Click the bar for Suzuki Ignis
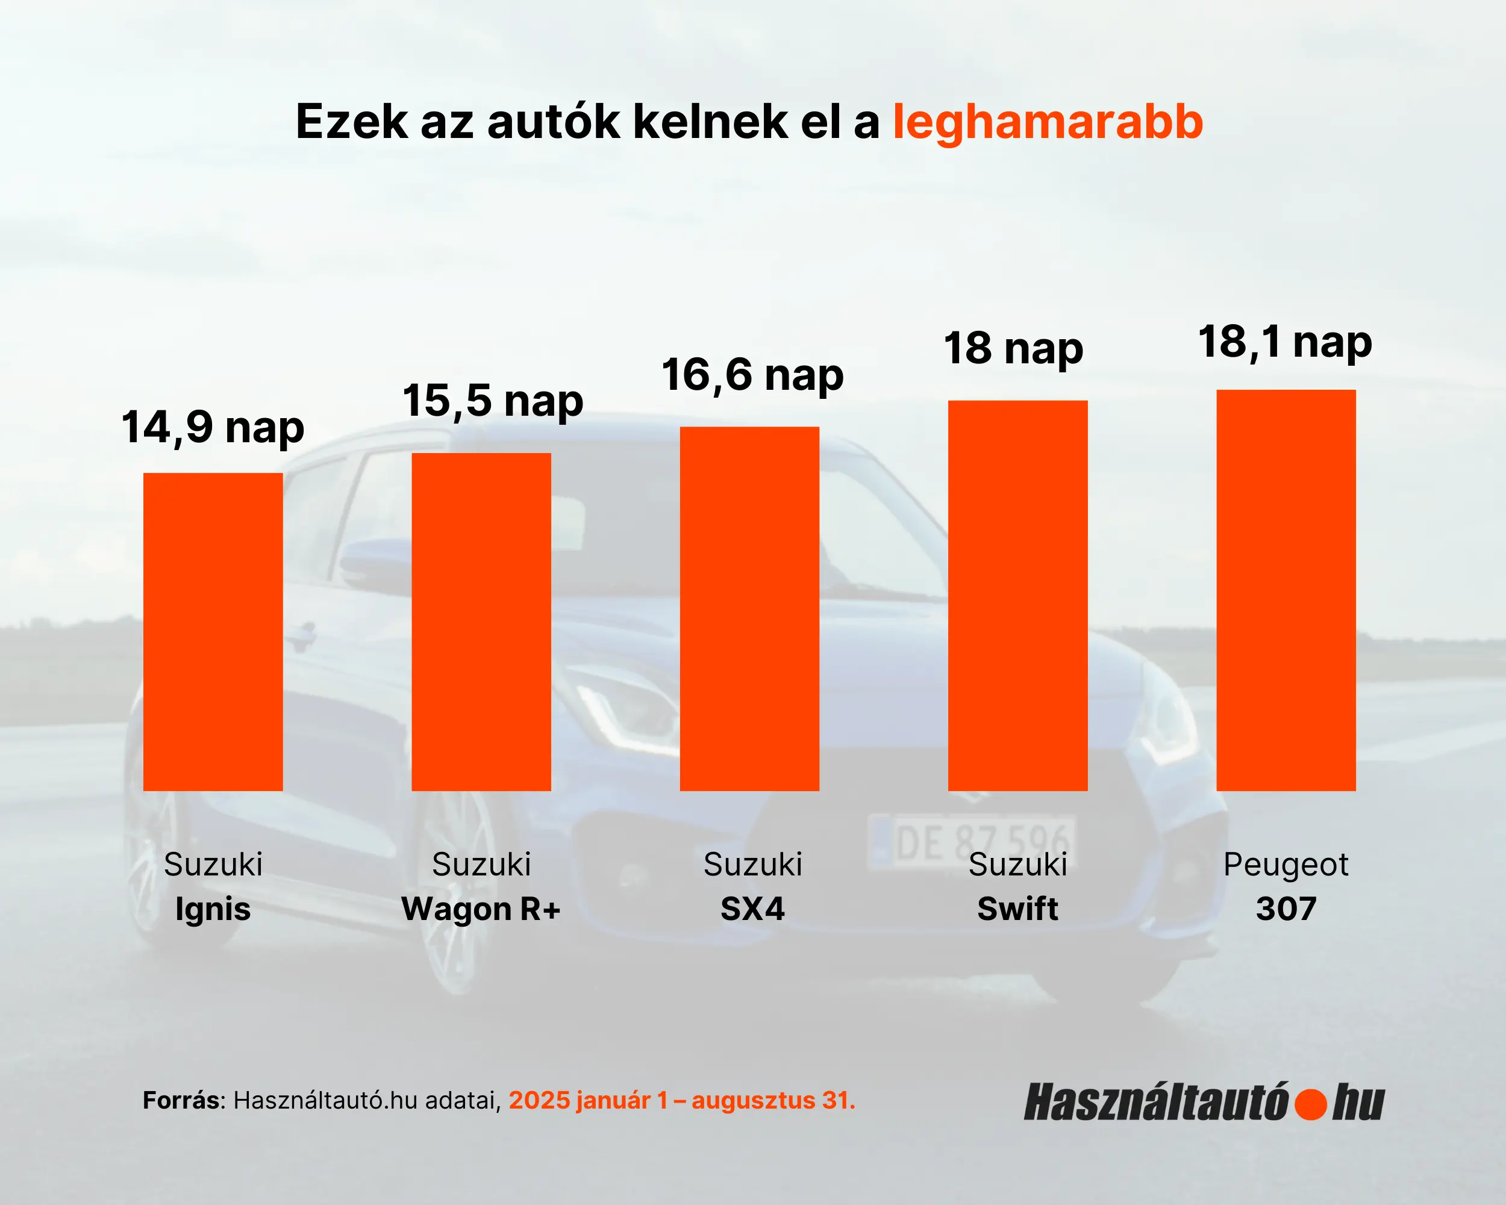pyautogui.click(x=213, y=631)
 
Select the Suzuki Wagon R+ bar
pyautogui.click(x=481, y=622)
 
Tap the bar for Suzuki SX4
pyautogui.click(x=749, y=609)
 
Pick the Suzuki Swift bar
pyautogui.click(x=1017, y=595)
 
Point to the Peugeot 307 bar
pyautogui.click(x=1286, y=590)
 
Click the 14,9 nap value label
pyautogui.click(x=213, y=427)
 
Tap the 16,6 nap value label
pyautogui.click(x=752, y=375)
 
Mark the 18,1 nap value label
pyautogui.click(x=1286, y=342)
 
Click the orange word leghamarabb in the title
pyautogui.click(x=1048, y=122)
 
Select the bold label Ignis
pyautogui.click(x=213, y=909)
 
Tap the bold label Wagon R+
pyautogui.click(x=481, y=909)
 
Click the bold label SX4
pyautogui.click(x=752, y=909)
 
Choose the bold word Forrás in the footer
pyautogui.click(x=181, y=1100)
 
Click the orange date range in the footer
pyautogui.click(x=682, y=1100)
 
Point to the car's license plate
pyautogui.click(x=971, y=842)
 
